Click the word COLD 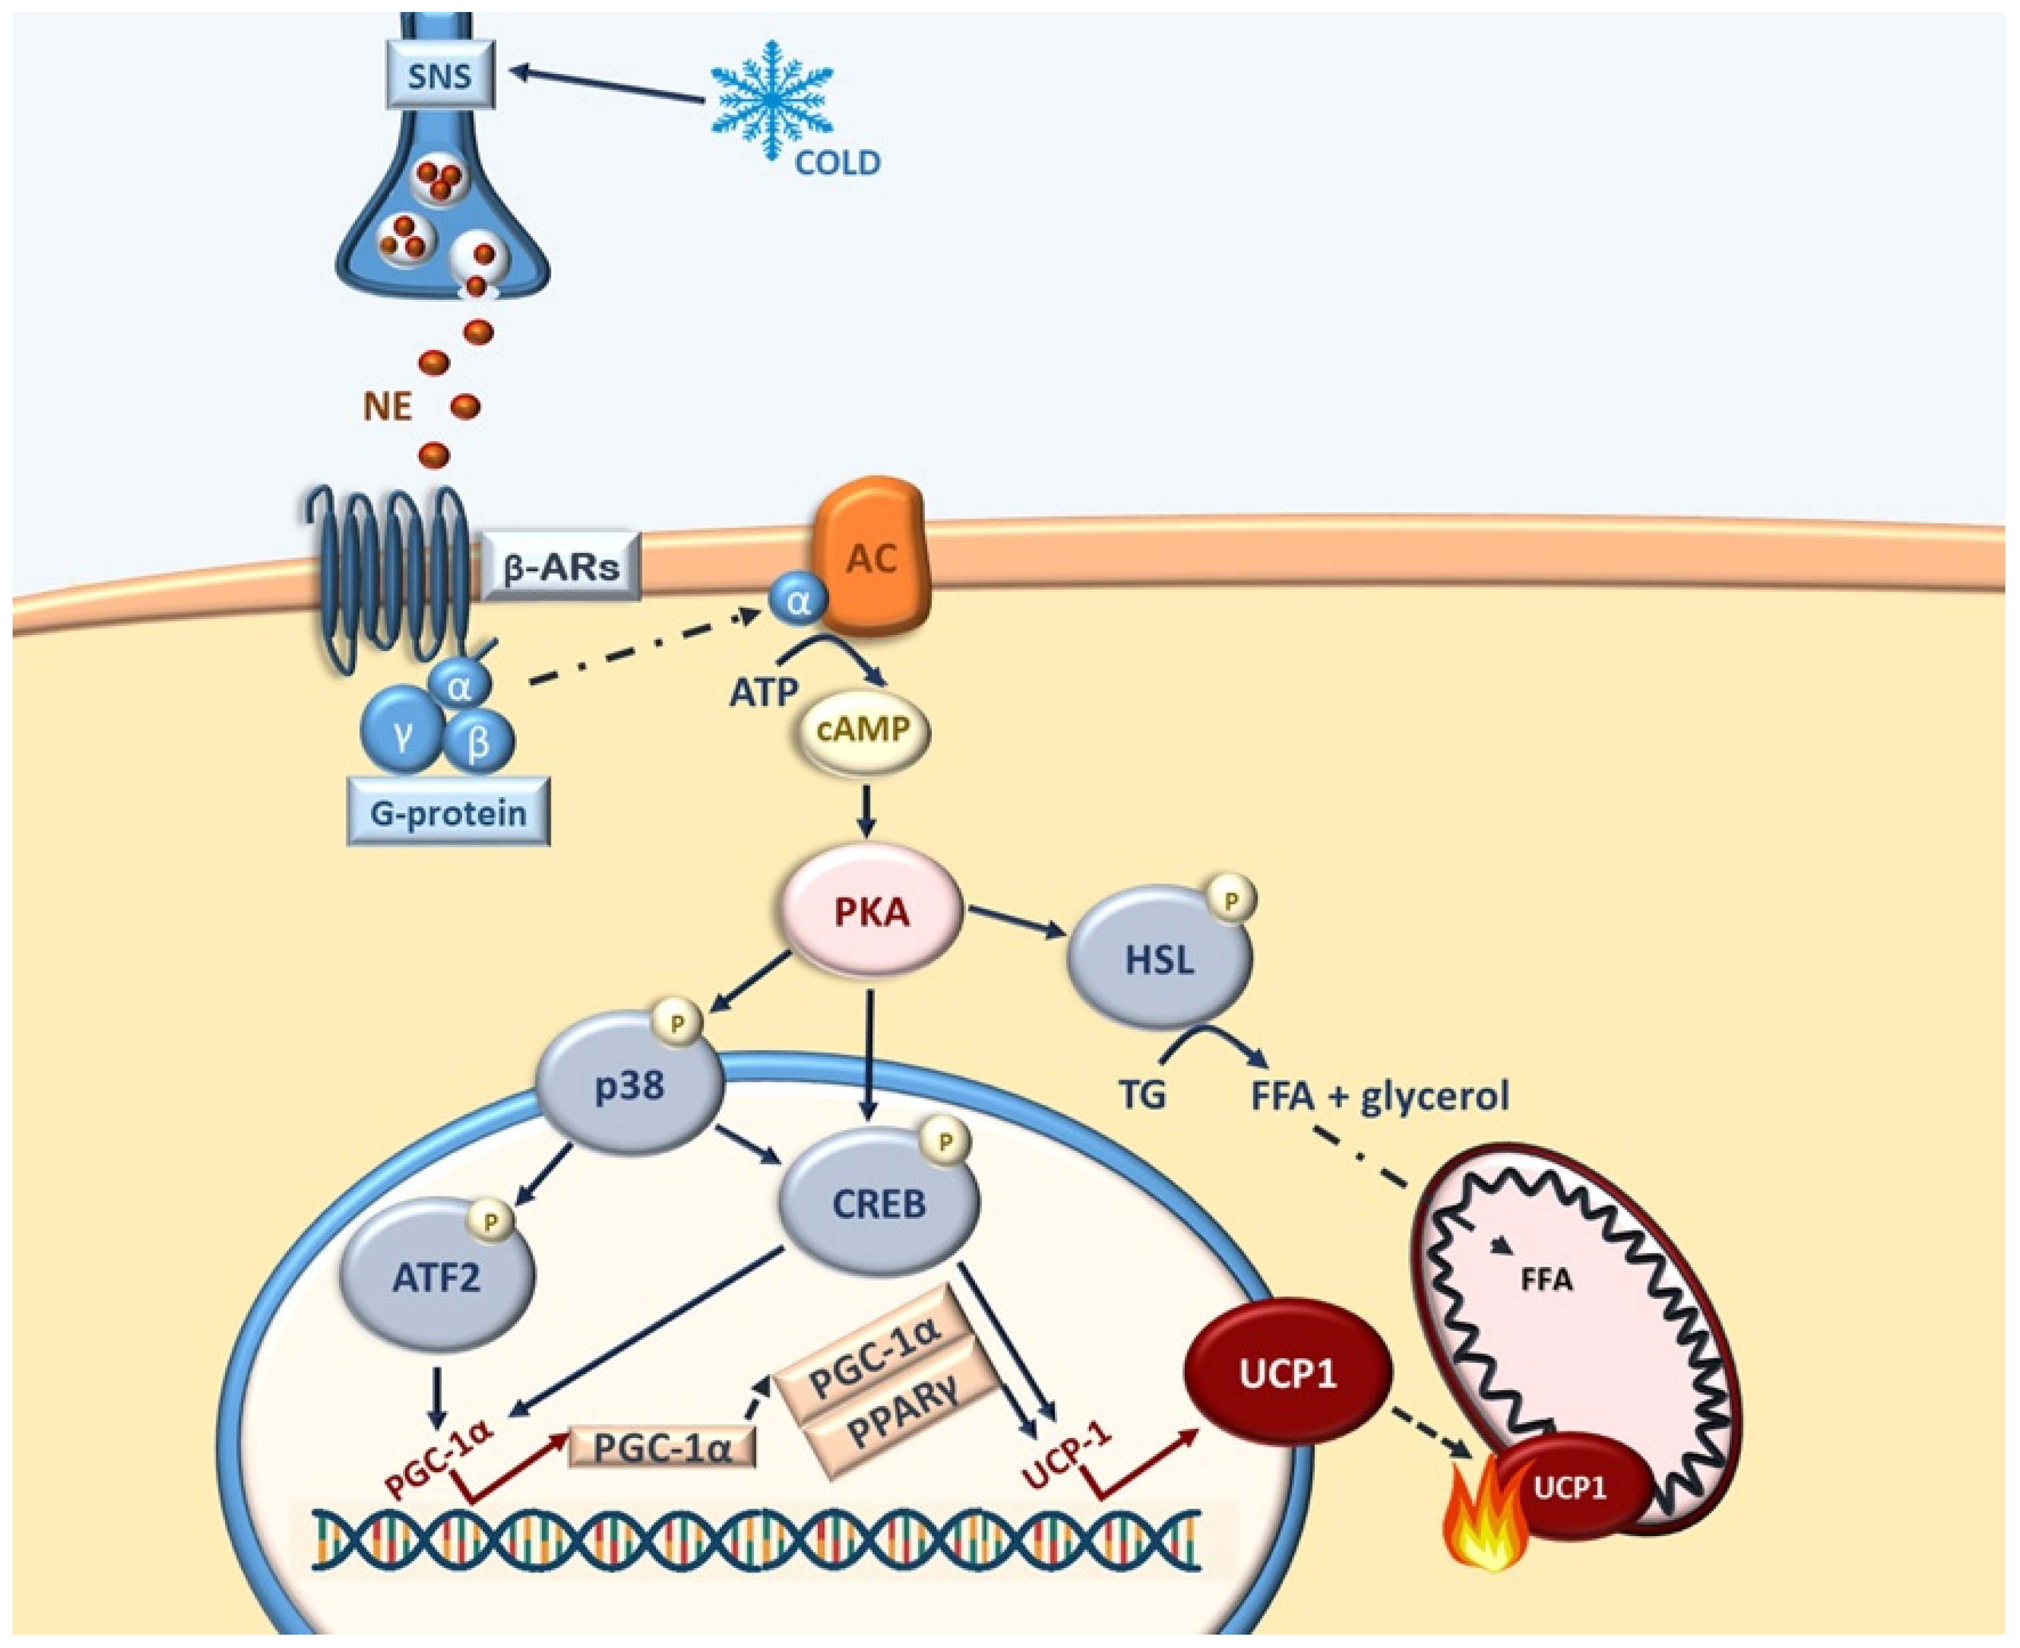(837, 164)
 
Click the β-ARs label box (561, 566)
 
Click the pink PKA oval (870, 912)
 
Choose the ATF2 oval (436, 1277)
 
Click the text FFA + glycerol (1379, 1096)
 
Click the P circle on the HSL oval (1231, 898)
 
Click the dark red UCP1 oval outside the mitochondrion (1287, 1373)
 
